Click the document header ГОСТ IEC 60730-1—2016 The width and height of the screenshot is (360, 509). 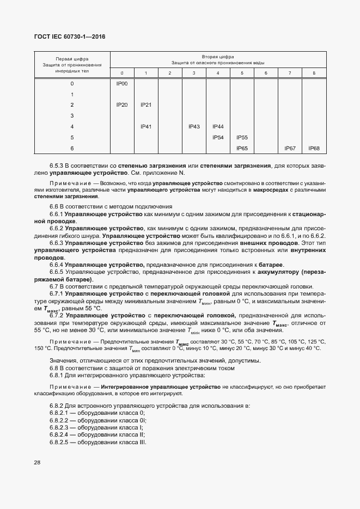tap(70, 37)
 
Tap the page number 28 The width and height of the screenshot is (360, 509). tap(38, 462)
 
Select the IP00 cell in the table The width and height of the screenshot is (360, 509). tap(121, 83)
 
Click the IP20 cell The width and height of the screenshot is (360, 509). tap(121, 105)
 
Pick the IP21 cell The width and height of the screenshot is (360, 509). tap(145, 105)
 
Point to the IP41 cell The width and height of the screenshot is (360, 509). tap(145, 126)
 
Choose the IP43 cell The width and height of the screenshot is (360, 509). tap(194, 126)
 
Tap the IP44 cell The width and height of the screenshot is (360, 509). tap(218, 126)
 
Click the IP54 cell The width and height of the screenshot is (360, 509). tap(218, 137)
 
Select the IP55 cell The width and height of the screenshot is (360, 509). tap(242, 137)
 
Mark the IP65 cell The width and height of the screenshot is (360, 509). tap(242, 148)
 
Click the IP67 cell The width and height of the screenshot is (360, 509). tap(290, 148)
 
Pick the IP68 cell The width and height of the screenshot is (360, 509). tap(314, 148)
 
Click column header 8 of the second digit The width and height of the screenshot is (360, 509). tap(314, 73)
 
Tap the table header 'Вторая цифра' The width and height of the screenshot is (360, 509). tap(218, 57)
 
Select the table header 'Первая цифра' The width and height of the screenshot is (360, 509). tap(72, 59)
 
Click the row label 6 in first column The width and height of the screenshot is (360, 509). tap(72, 148)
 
